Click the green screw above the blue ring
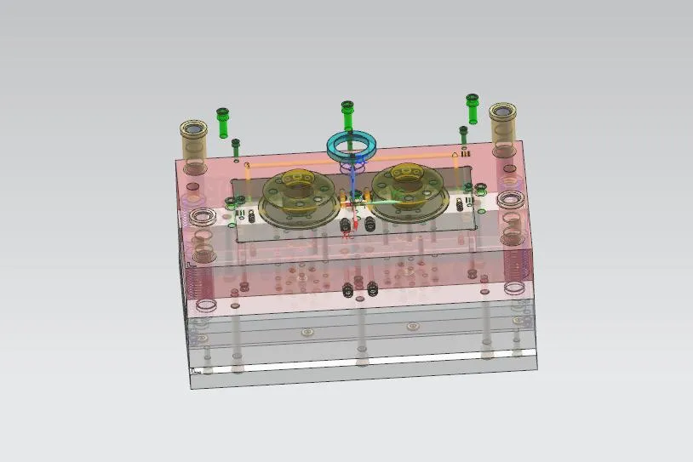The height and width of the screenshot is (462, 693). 346,114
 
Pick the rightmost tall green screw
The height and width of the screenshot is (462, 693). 472,108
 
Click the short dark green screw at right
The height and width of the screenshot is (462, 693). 463,136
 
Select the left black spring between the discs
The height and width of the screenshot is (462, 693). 346,226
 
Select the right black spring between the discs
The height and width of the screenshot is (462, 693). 371,225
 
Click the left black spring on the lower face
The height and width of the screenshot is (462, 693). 347,290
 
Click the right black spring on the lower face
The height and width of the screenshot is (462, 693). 372,289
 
